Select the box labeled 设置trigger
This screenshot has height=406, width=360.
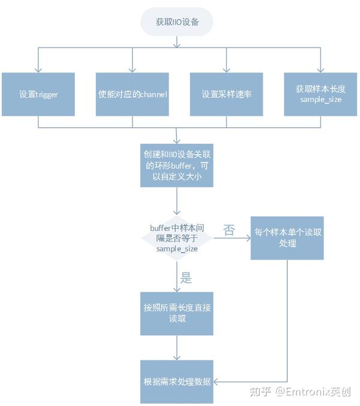pos(38,94)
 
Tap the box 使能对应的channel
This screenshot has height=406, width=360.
pos(132,94)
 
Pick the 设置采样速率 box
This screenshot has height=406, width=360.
pos(226,94)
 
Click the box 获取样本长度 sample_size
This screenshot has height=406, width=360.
pos(320,94)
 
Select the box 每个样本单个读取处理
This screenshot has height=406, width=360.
pos(287,238)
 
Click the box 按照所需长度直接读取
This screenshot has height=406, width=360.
pos(176,313)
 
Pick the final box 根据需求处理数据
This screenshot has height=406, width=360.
pos(176,381)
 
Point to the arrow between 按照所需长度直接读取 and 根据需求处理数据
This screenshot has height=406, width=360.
pos(176,348)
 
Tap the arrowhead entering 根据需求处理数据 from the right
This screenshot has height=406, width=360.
pos(217,381)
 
